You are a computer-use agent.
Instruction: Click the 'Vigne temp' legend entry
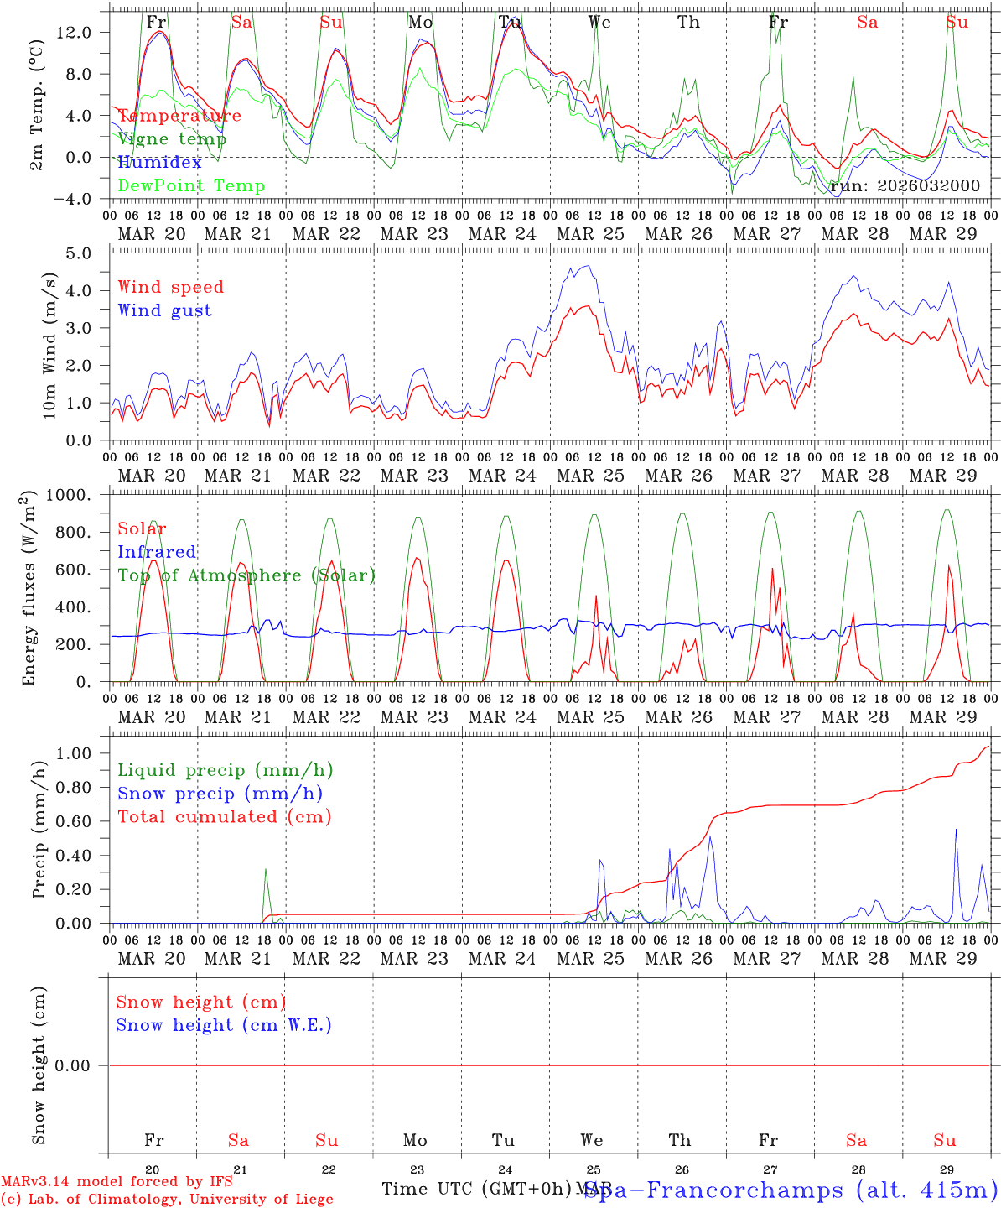172,139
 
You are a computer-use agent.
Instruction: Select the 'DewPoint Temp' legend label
191,186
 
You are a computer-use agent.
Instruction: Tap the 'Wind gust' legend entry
164,310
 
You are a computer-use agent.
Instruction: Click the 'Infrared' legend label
157,552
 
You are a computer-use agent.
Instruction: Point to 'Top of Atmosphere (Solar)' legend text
246,575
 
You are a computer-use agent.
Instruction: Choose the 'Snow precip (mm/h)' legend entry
220,794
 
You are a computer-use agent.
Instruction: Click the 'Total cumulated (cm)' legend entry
224,817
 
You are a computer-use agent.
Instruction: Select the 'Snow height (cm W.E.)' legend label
223,1025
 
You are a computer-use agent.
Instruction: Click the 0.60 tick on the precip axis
84,822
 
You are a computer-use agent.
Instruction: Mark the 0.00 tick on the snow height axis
84,1065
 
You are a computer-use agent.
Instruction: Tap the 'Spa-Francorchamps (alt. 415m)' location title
791,1190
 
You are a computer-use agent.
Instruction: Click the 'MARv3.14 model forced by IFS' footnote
117,1182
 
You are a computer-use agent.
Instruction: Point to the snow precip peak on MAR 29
956,829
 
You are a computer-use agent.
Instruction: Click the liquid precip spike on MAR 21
266,869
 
